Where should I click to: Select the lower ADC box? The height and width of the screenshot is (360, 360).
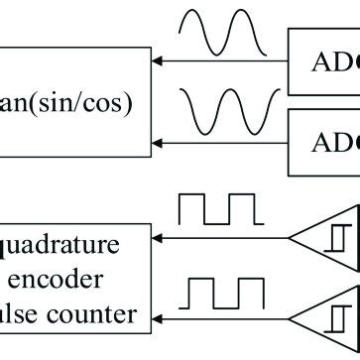point(323,140)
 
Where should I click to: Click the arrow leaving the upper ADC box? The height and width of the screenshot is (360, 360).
point(218,61)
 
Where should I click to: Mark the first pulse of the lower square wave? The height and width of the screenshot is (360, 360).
point(201,294)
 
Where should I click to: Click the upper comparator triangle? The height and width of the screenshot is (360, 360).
point(328,238)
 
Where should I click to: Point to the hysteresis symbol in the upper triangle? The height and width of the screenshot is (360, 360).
point(341,238)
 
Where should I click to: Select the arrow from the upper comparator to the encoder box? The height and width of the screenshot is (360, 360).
point(218,238)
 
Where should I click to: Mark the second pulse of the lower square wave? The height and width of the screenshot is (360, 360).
point(250,294)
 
